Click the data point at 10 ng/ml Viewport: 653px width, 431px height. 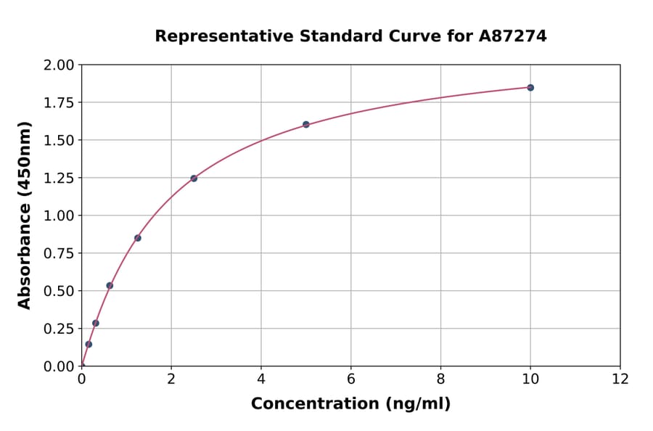click(530, 88)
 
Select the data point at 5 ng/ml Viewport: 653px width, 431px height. click(306, 125)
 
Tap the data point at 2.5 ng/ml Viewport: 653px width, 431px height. click(194, 178)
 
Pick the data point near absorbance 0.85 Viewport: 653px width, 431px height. click(138, 238)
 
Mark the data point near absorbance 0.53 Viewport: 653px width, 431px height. click(110, 285)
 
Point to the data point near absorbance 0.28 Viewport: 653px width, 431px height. click(96, 323)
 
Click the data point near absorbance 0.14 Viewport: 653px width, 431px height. click(89, 344)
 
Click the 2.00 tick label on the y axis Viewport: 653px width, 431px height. click(59, 65)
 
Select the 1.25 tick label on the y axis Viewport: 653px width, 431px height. click(59, 178)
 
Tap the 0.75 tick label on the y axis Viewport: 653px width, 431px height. click(59, 253)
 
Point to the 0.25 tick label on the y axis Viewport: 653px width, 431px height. click(59, 329)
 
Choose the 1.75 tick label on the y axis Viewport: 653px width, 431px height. click(59, 103)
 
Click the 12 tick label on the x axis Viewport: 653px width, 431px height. click(620, 379)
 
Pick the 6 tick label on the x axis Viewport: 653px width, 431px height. click(351, 379)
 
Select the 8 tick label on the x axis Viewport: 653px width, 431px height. click(440, 379)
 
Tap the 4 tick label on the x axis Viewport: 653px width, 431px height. click(261, 379)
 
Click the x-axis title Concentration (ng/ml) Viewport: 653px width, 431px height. click(350, 404)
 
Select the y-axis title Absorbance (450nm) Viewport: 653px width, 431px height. click(25, 215)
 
